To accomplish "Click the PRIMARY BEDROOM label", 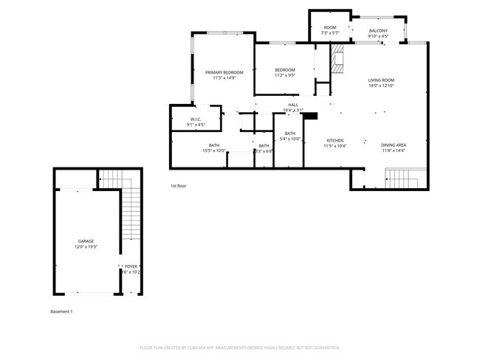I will pos(224,72).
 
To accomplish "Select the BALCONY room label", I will pos(378,30).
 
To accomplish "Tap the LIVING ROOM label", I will pos(382,80).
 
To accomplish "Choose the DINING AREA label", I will pos(394,145).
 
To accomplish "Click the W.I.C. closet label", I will pos(196,120).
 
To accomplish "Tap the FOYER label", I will pos(131,266).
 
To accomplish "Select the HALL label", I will pos(293,105).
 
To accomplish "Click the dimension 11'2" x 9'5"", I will pos(285,75).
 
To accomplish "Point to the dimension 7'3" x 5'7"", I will pos(329,33).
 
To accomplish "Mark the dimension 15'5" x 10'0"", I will pos(214,150).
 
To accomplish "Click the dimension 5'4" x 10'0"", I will pos(289,139).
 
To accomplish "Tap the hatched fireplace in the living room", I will pos(338,59).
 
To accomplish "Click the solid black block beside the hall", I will pos(310,116).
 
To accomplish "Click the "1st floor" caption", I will pos(178,186).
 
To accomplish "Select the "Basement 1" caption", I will pos(61,311).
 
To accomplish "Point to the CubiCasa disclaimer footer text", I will pos(239,347).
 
